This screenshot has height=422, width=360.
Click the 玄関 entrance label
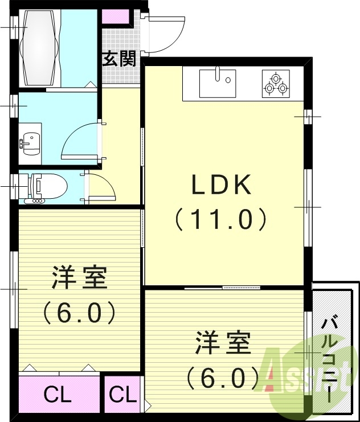click(x=120, y=59)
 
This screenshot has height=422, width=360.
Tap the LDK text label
click(x=221, y=185)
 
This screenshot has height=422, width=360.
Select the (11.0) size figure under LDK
click(x=221, y=219)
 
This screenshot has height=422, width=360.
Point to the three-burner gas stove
click(x=276, y=84)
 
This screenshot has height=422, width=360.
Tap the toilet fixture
click(x=46, y=186)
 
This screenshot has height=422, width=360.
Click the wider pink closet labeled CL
click(x=58, y=394)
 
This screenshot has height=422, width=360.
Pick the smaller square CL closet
click(x=122, y=394)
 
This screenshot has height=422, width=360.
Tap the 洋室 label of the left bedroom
click(x=79, y=278)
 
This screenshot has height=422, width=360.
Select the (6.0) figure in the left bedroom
click(x=79, y=312)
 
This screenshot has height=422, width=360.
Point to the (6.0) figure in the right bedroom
click(x=223, y=376)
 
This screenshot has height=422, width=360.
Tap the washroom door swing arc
click(x=80, y=140)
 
